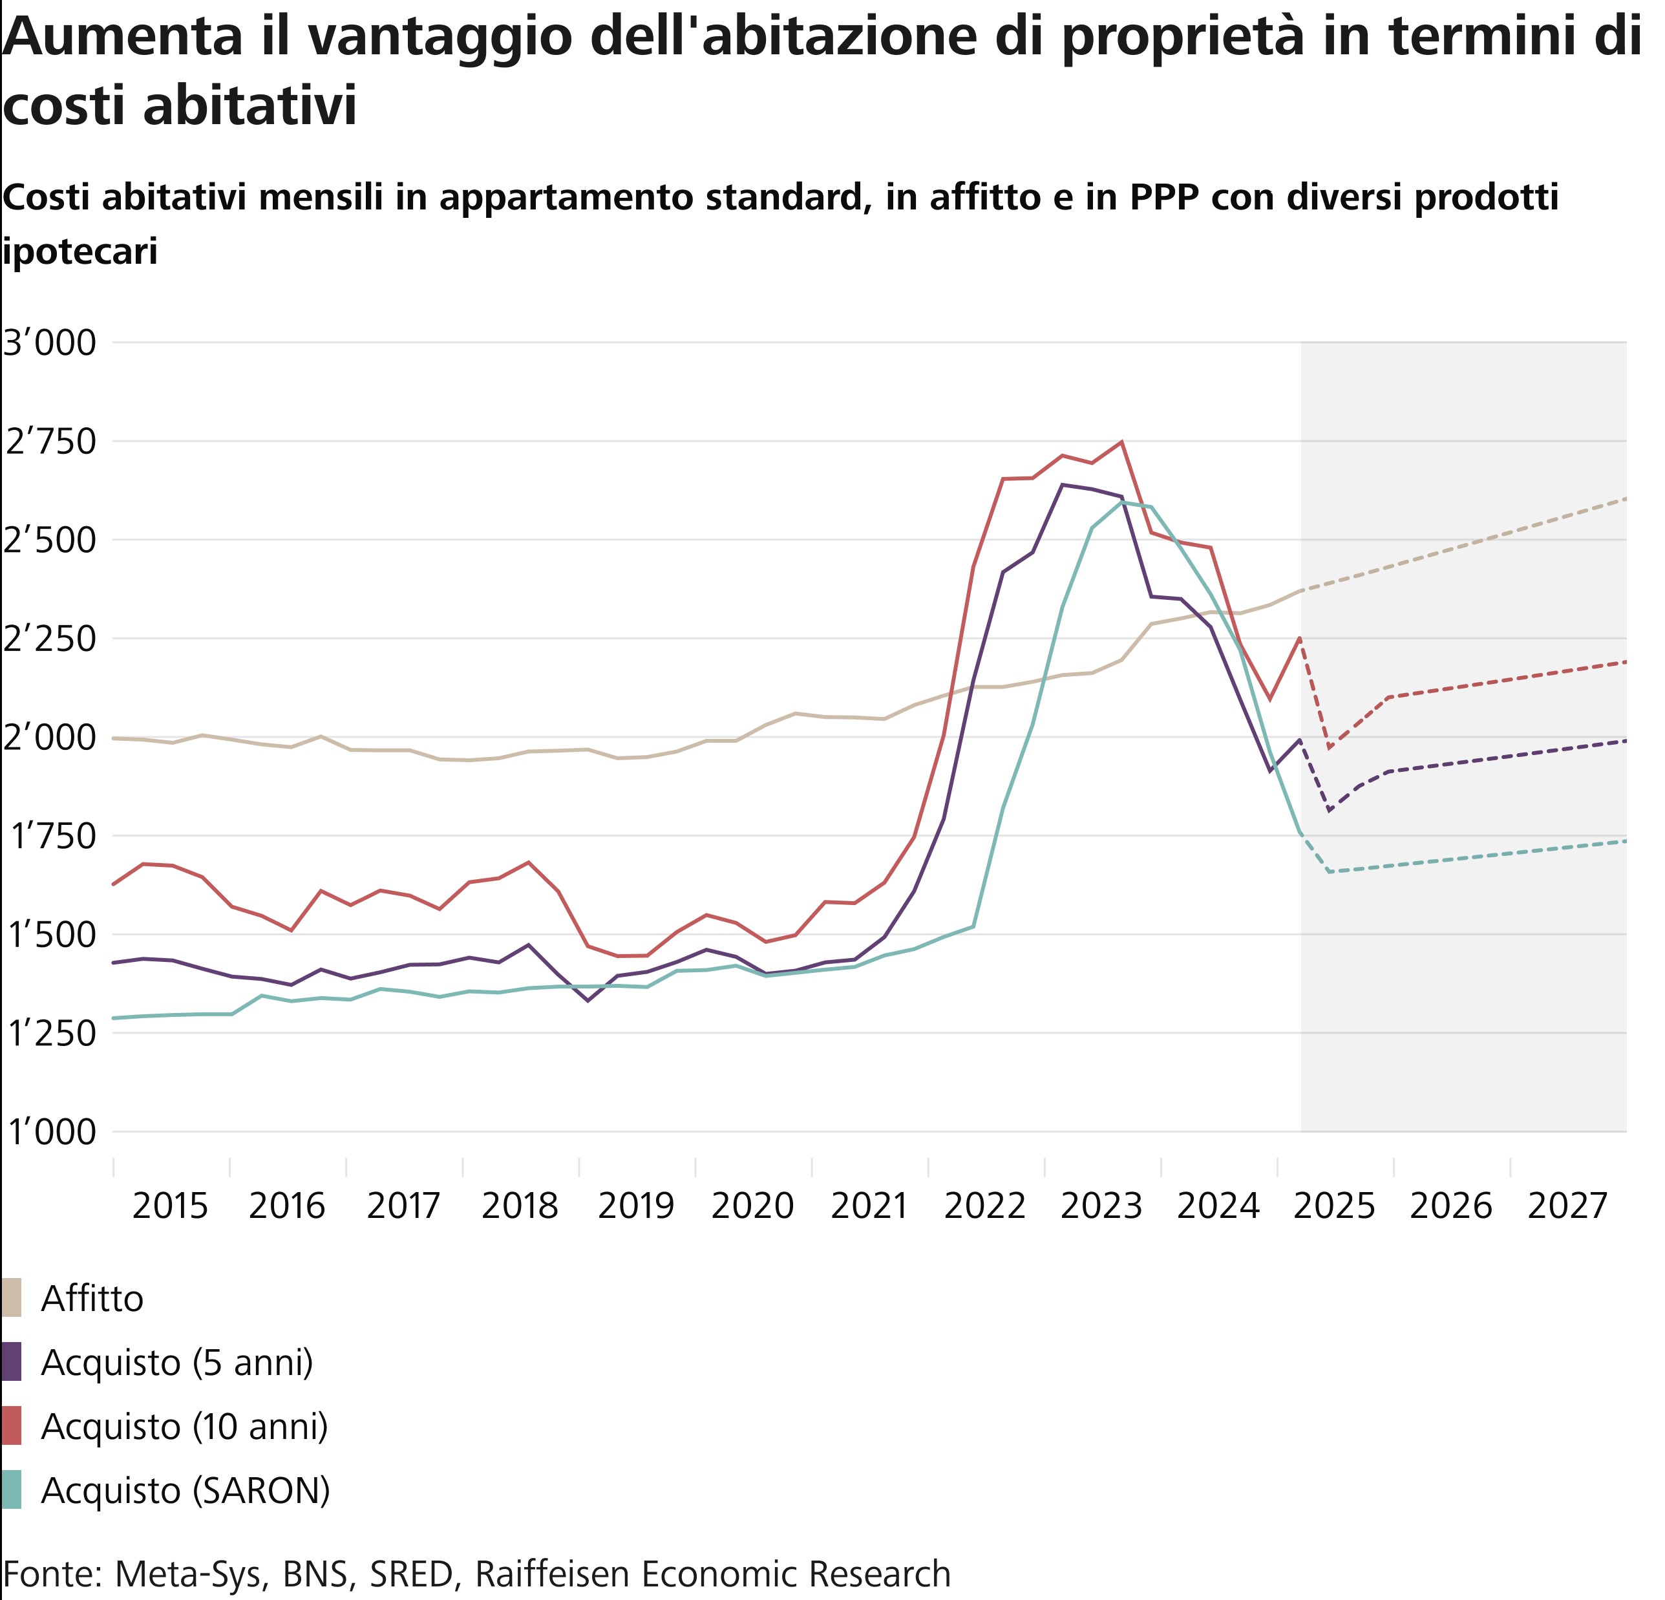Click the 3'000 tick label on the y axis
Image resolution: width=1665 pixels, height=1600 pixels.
point(50,343)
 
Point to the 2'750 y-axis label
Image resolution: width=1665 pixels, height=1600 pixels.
point(50,442)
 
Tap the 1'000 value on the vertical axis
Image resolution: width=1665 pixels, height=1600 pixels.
point(50,1133)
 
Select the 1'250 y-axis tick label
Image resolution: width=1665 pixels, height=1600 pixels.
point(50,1034)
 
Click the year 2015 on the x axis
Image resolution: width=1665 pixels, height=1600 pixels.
point(171,1206)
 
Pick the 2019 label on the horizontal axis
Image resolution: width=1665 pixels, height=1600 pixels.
point(636,1206)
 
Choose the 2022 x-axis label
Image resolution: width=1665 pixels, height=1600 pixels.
point(986,1206)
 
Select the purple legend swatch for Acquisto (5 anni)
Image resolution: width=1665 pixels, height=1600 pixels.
point(12,1362)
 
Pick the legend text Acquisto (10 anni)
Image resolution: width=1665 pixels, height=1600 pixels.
point(184,1426)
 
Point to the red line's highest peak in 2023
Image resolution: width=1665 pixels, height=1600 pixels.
point(1121,442)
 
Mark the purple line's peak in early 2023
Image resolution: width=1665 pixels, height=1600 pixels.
point(1063,485)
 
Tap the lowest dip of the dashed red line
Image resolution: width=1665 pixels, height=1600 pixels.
point(1330,748)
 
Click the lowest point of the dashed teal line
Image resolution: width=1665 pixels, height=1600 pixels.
point(1330,872)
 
